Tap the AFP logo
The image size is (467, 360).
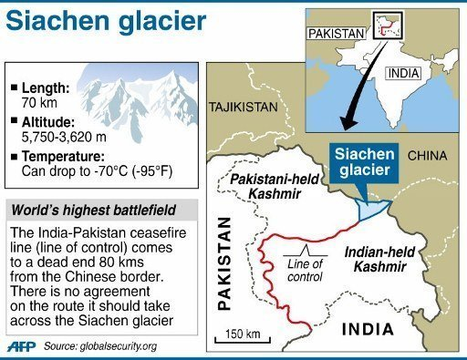(26, 346)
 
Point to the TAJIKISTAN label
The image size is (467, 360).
(243, 107)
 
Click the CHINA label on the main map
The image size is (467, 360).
(427, 156)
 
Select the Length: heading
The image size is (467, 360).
(42, 87)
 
